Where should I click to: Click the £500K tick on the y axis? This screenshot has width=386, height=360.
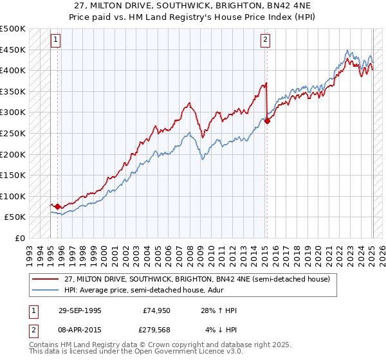click(13, 29)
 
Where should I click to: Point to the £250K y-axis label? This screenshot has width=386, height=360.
click(13, 133)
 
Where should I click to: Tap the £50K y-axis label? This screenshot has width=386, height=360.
click(15, 217)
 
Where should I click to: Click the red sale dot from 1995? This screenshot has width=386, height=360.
click(58, 206)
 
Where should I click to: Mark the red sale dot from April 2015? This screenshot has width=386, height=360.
click(267, 121)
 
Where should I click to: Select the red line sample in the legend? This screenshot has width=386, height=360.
click(46, 279)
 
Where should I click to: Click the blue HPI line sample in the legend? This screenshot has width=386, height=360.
click(46, 291)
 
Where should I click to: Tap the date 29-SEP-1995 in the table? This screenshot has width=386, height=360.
click(80, 310)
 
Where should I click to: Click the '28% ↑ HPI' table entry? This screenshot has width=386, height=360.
click(220, 310)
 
